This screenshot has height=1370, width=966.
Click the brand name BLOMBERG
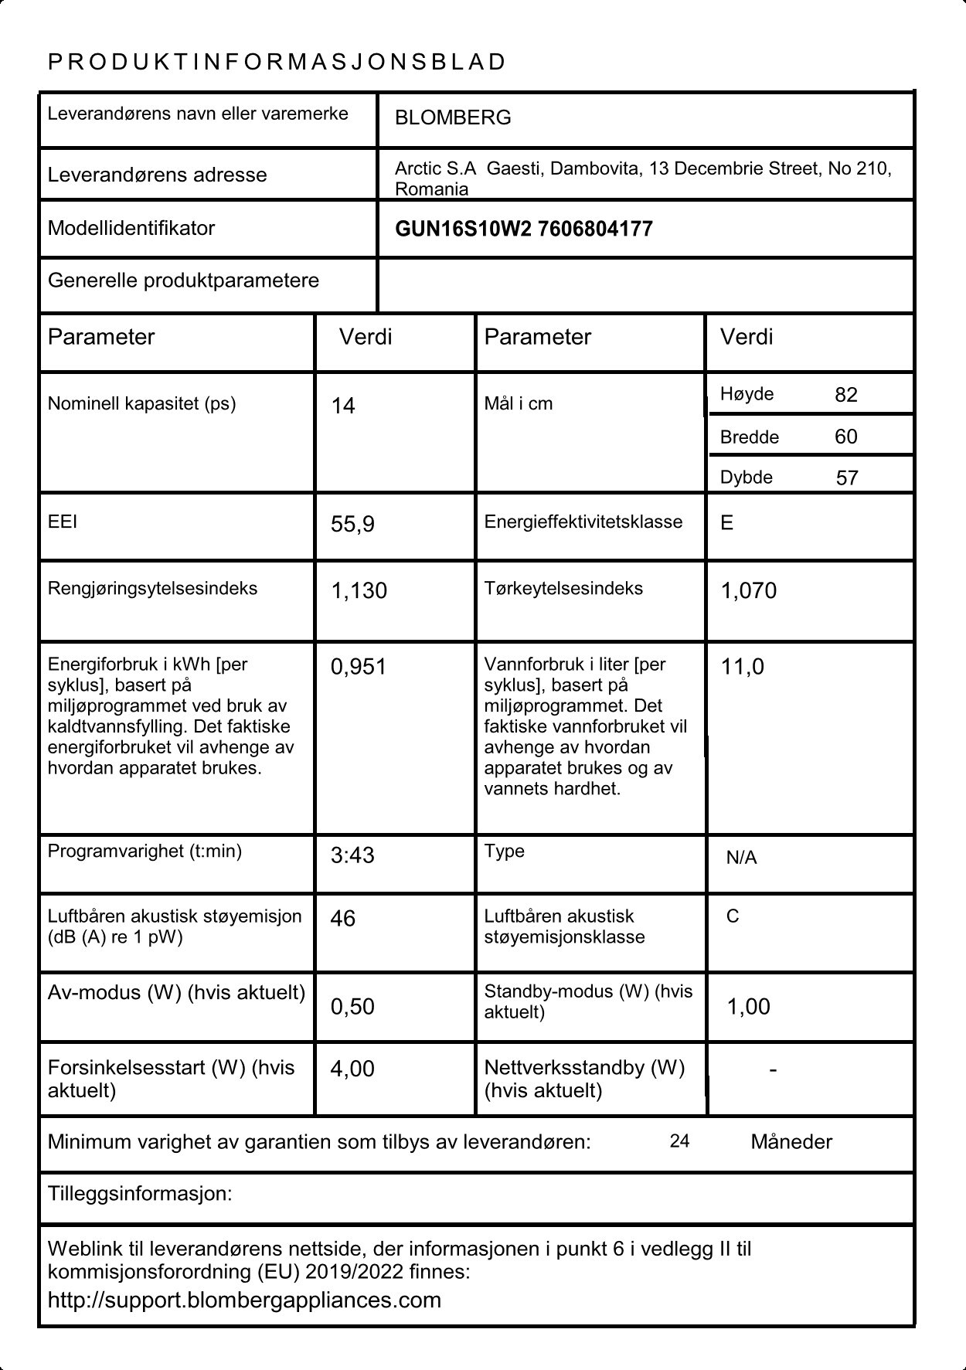[453, 118]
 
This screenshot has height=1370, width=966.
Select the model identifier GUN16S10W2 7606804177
[523, 229]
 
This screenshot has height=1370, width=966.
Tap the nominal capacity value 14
[343, 406]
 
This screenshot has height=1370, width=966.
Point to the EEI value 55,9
[352, 525]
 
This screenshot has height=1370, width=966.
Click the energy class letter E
[726, 523]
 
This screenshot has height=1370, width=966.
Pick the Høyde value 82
[846, 395]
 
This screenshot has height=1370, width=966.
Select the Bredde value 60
[846, 437]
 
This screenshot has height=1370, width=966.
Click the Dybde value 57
[847, 478]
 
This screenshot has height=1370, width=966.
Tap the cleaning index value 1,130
[359, 591]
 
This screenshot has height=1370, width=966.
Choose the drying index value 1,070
[748, 591]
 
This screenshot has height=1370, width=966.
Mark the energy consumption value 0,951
[358, 667]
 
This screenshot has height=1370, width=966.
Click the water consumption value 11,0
[742, 667]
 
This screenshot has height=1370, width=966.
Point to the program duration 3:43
[352, 855]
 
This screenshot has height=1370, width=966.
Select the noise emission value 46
[343, 919]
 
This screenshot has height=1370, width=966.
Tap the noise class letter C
[733, 916]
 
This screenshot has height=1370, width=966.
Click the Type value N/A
[741, 858]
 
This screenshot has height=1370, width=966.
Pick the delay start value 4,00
[352, 1069]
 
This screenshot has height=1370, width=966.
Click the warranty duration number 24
[679, 1141]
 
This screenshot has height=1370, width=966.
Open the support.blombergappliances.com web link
[244, 1300]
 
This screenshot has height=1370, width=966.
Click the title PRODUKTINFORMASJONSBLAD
[277, 62]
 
